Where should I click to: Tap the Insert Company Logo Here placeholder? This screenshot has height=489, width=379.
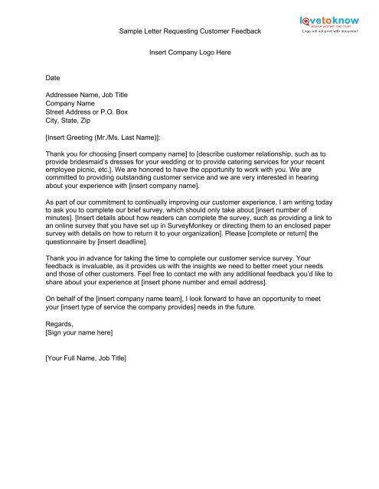190,53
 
